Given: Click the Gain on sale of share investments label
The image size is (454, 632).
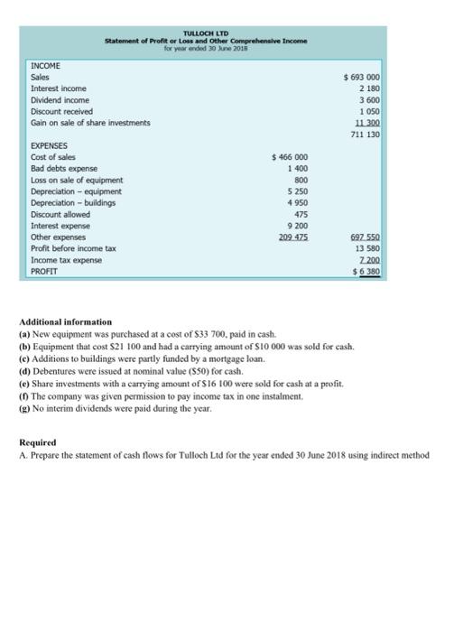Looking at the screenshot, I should coord(91,122).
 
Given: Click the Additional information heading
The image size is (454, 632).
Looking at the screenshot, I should coord(65,321).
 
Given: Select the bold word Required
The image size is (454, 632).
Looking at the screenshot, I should coord(38,443).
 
